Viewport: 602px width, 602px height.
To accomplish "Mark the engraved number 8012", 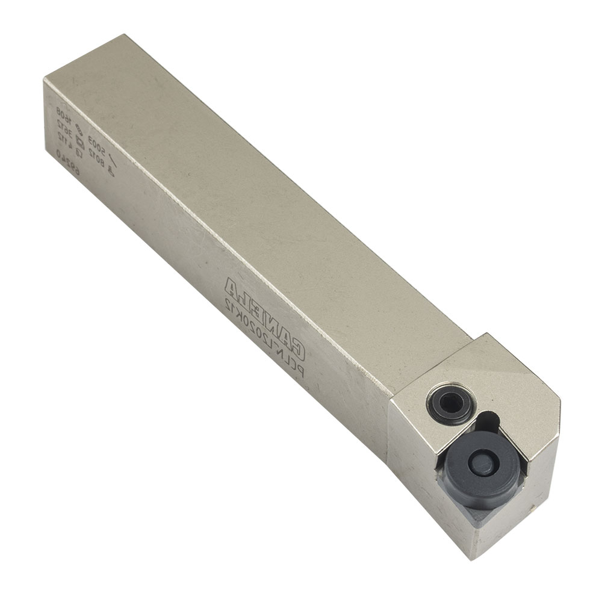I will point(96,157).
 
